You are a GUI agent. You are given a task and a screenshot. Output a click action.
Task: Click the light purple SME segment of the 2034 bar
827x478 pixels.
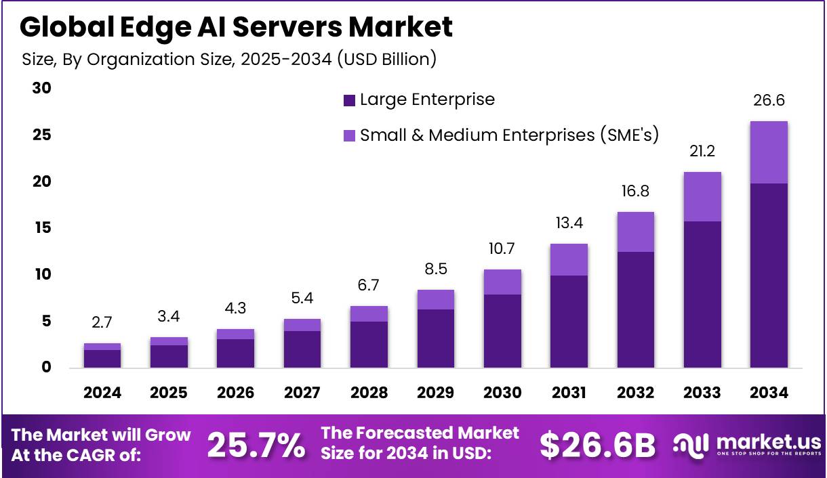769,152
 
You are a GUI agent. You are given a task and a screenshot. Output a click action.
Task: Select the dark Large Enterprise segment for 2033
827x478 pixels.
702,295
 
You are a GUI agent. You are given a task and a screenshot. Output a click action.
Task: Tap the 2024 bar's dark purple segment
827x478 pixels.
102,359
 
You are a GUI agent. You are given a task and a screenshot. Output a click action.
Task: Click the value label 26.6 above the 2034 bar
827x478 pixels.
769,101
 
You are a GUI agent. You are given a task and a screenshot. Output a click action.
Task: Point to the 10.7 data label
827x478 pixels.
502,249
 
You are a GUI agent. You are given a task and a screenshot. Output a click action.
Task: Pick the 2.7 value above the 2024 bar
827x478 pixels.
102,323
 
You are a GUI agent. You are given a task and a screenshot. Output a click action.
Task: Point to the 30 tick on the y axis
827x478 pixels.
42,89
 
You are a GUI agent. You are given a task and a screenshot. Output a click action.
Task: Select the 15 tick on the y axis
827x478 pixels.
42,228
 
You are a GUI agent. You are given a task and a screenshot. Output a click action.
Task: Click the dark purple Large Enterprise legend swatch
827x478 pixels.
350,100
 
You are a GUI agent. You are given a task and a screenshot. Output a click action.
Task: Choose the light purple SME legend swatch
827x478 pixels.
350,135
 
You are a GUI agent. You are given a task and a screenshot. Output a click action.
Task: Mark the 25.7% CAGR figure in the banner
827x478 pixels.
256,445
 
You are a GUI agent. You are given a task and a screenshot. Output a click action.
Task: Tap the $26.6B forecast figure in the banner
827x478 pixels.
598,445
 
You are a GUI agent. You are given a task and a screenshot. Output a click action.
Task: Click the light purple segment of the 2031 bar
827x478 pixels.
569,259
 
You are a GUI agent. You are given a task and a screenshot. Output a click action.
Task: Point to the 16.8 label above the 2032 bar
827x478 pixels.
635,192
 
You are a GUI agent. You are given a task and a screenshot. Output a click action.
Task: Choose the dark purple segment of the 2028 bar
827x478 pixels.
369,345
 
